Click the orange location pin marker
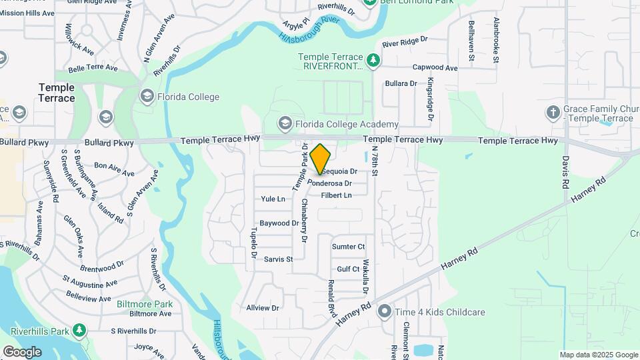tap(321, 159)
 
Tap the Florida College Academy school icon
tap(285, 124)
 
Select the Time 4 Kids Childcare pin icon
tap(384, 311)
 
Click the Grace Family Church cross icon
tap(553, 113)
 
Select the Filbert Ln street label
tap(336, 195)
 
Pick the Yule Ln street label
tap(273, 199)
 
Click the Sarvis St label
tap(278, 259)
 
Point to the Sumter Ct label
tap(348, 247)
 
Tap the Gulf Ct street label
tap(348, 269)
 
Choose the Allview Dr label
tap(263, 308)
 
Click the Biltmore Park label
tap(145, 304)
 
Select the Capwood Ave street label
tap(435, 68)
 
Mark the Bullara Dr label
tap(401, 84)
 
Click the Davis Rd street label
tap(565, 171)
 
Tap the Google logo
tap(22, 351)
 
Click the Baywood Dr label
tap(279, 223)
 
